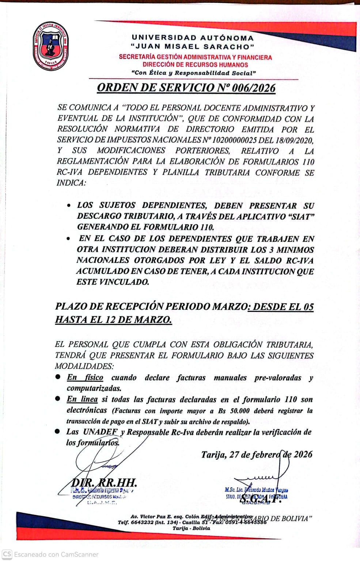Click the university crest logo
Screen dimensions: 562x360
click(x=51, y=46)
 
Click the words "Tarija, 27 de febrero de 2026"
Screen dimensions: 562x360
click(x=257, y=455)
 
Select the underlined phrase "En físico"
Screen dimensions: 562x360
click(x=85, y=377)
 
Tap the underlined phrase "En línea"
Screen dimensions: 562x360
click(x=82, y=399)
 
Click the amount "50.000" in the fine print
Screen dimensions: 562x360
click(x=240, y=411)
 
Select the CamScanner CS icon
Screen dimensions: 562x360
click(x=7, y=554)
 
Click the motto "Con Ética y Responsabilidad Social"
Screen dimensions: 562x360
click(x=193, y=73)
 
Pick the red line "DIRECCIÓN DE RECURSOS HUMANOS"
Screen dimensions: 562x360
click(x=195, y=65)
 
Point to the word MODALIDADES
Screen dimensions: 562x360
click(x=84, y=366)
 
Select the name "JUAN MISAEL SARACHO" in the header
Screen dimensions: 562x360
click(x=193, y=47)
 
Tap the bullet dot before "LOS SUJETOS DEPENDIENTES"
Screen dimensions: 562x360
click(x=69, y=206)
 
